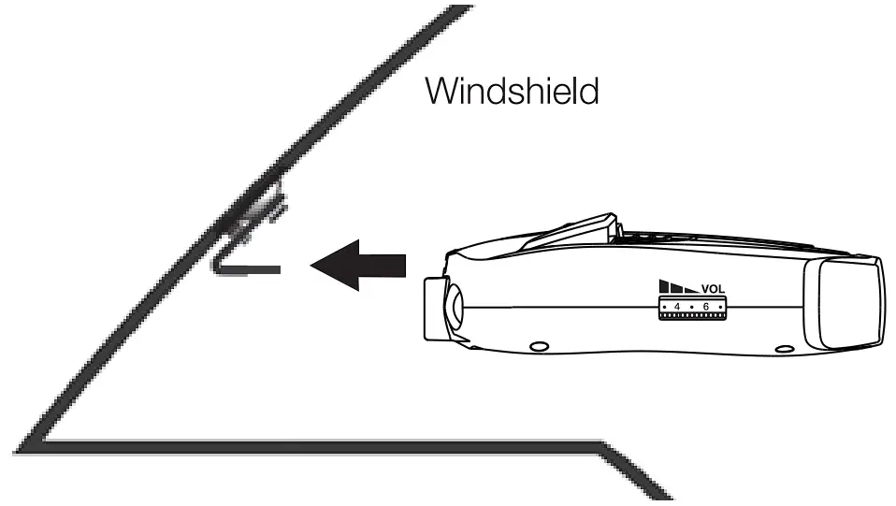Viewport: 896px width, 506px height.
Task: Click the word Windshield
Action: click(511, 91)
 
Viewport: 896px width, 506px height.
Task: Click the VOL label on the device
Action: click(713, 288)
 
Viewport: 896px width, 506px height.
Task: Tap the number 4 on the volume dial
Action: click(676, 307)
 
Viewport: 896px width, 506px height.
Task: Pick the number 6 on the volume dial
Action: click(705, 307)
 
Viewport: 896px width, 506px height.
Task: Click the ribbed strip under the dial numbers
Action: click(691, 318)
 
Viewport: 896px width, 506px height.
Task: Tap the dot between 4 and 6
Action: click(690, 307)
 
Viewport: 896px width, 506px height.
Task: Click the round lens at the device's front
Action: click(453, 306)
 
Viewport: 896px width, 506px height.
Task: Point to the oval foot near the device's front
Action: click(539, 346)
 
